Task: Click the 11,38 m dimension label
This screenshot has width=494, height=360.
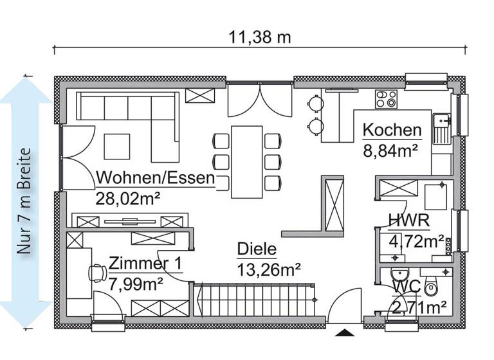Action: pyautogui.click(x=261, y=37)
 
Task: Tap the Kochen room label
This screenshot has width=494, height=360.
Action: pyautogui.click(x=392, y=130)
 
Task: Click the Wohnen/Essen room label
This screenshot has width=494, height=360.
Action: pyautogui.click(x=155, y=178)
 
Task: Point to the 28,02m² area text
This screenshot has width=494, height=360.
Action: pyautogui.click(x=127, y=198)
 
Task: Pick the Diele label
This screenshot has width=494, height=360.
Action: pyautogui.click(x=257, y=249)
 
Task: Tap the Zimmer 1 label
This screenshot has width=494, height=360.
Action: pyautogui.click(x=145, y=264)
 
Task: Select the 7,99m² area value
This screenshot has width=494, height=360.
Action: pyautogui.click(x=136, y=282)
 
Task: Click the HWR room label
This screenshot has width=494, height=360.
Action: pyautogui.click(x=408, y=222)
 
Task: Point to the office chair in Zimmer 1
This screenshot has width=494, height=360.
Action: pyautogui.click(x=95, y=274)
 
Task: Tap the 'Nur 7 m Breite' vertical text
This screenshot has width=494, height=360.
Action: pyautogui.click(x=25, y=202)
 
